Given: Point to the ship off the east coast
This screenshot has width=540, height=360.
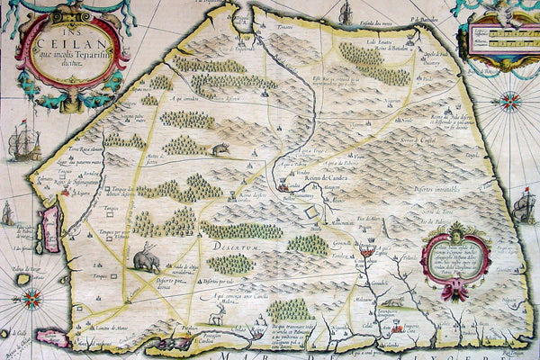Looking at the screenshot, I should [x=525, y=208].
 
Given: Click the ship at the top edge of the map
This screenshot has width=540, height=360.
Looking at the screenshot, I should [x=346, y=13].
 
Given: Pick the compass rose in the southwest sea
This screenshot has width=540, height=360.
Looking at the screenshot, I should [x=24, y=279].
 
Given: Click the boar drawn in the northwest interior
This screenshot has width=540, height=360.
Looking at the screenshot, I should [x=220, y=148].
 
